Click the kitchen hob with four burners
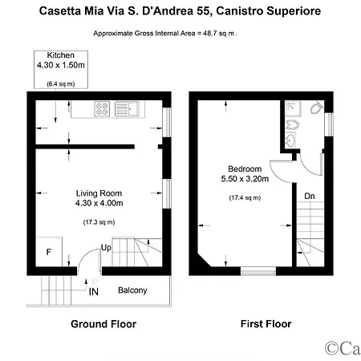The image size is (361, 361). coord(104,108)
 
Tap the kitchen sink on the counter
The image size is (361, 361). coord(127,108)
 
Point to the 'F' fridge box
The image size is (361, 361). coord(50,252)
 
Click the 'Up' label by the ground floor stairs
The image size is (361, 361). coord(105,248)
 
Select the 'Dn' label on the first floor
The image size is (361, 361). coord(309,196)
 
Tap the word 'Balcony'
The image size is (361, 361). coord(132,290)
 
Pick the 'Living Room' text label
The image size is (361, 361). coord(99,193)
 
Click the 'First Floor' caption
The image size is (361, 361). coord(266,325)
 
